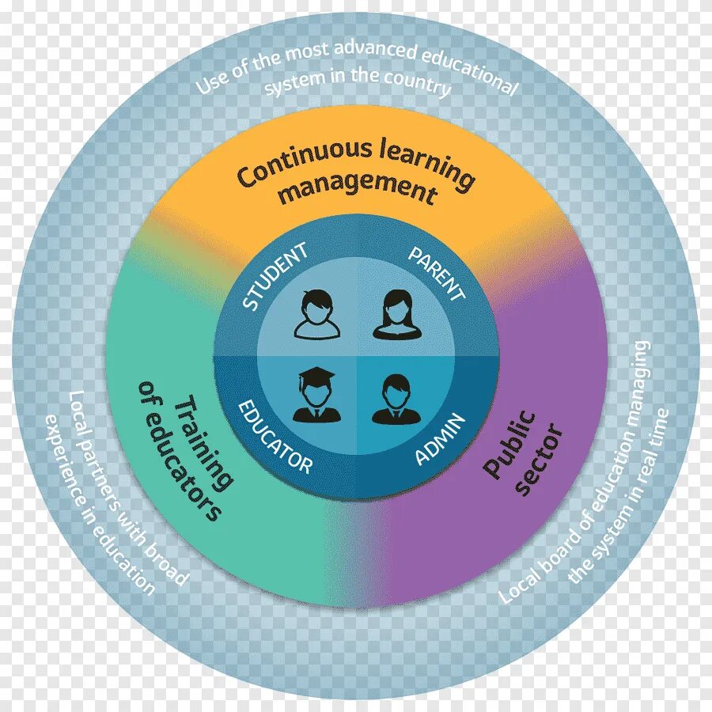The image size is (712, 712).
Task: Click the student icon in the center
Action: coord(316,314)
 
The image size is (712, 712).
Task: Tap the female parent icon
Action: coord(395,314)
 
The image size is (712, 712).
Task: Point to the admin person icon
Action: coord(394,398)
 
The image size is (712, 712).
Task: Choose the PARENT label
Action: coord(436,274)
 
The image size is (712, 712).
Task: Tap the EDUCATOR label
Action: coord(275,438)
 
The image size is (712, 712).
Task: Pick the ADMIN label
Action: coord(440,439)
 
